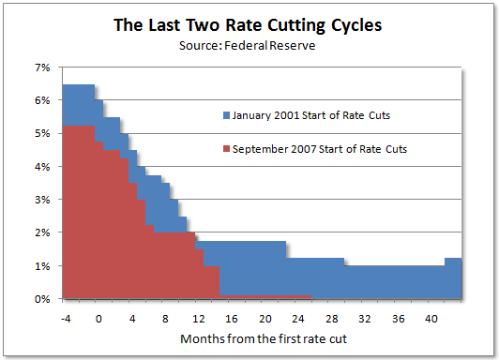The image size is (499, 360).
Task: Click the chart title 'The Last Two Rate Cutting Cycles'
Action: point(248,25)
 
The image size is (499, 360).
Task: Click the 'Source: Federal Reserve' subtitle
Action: point(248,44)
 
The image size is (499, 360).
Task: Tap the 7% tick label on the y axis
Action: point(41,67)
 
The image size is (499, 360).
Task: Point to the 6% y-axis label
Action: point(41,100)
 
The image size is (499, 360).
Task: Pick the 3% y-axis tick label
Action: point(41,200)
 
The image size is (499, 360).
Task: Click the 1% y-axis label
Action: point(41,266)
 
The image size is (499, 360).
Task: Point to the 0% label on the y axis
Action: point(41,299)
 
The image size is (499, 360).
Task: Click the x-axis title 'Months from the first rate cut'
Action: point(249,337)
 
